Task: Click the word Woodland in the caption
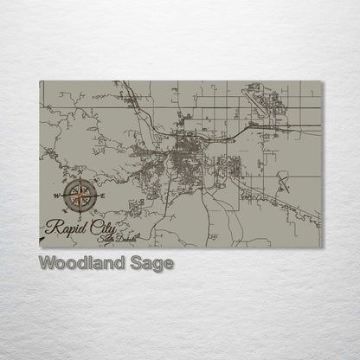click(80, 263)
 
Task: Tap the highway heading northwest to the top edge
click(130, 95)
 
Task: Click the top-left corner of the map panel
click(40, 81)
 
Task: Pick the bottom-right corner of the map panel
click(321, 247)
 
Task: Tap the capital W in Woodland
click(47, 263)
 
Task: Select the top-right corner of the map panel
click(321, 81)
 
